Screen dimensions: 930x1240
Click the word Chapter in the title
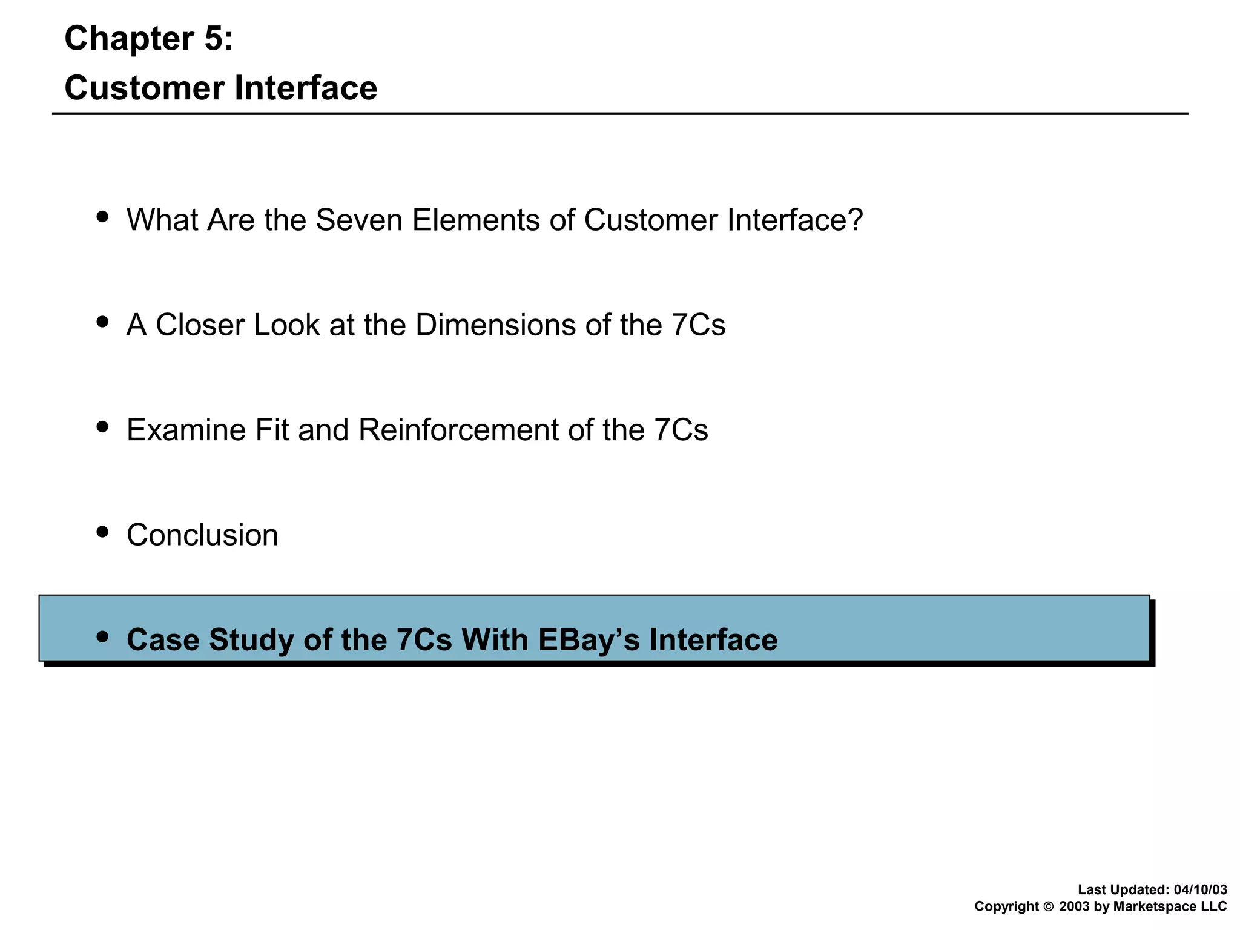129,39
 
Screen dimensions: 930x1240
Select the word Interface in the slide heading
306,88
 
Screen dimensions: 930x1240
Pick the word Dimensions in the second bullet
495,325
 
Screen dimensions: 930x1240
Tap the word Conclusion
202,535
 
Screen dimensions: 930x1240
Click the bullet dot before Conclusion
103,532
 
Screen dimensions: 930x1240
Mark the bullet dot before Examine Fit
103,427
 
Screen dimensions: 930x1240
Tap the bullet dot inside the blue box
103,637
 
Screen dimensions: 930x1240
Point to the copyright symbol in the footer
1049,907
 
